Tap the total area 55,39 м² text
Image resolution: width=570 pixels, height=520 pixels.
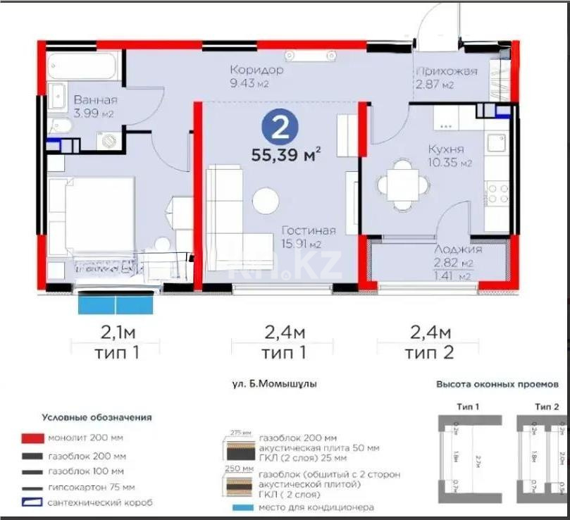pos(286,154)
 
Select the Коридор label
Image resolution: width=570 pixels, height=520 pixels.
pos(256,70)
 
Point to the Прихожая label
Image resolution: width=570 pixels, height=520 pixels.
pos(446,71)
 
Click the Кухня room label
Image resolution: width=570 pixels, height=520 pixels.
pos(446,149)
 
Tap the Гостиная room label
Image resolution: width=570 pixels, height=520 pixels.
pos(309,230)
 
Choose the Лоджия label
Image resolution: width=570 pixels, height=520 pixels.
pos(459,249)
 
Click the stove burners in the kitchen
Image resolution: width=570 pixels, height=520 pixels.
pos(498,194)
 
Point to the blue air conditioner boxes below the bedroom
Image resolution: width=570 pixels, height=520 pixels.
pos(116,305)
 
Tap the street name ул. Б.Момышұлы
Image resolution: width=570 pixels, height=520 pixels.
pos(274,385)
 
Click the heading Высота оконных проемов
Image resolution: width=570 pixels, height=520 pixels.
pos(497,385)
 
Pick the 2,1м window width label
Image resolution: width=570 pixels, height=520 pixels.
pos(116,331)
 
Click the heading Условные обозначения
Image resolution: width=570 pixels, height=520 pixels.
pos(97,417)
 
